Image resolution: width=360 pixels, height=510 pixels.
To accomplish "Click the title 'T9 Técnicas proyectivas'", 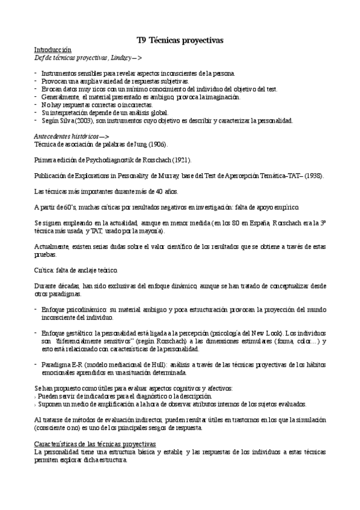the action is click(x=180, y=40).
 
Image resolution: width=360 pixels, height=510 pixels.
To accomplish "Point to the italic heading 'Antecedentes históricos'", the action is click(x=66, y=137).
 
